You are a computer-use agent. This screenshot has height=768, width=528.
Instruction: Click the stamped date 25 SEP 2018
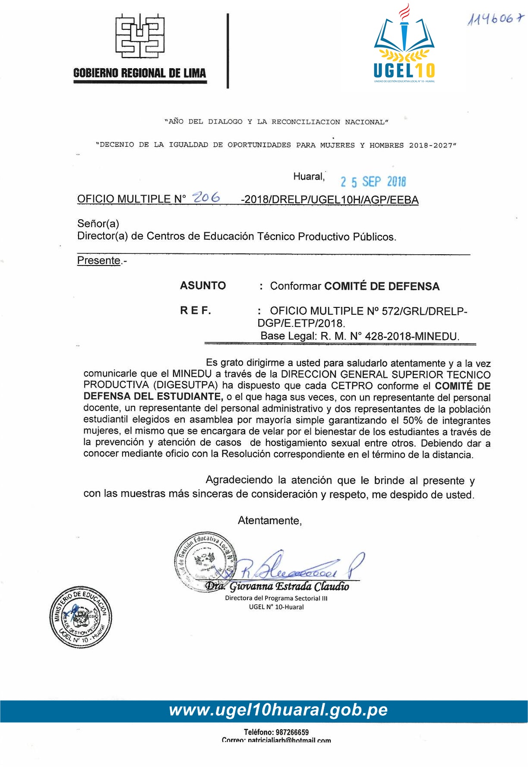[x=373, y=182]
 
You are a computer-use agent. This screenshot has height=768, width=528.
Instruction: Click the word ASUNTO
[x=203, y=285]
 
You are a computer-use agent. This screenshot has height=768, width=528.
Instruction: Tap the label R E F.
[x=196, y=310]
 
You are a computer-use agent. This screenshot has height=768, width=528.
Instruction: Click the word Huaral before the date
[x=308, y=177]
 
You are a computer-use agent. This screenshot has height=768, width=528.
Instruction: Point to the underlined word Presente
[x=98, y=260]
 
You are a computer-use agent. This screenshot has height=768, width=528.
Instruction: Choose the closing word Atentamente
[x=269, y=521]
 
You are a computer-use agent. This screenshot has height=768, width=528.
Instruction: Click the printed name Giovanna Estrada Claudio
[x=289, y=586]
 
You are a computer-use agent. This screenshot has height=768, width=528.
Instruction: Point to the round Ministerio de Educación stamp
[x=81, y=617]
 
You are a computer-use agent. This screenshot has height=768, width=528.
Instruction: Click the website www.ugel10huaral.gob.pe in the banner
[x=278, y=710]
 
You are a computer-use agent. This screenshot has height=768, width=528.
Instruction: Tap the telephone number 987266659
[x=293, y=732]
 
